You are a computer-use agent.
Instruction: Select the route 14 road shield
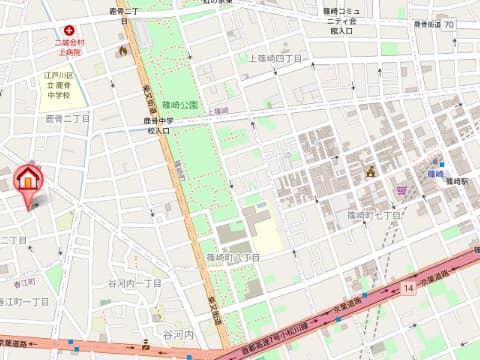click(409, 289)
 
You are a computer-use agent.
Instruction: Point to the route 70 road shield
click(449, 23)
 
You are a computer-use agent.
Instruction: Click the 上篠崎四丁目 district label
click(274, 59)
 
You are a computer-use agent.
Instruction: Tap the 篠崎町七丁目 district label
click(374, 215)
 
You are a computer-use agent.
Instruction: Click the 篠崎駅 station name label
click(456, 181)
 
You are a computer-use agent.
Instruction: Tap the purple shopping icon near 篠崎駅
click(402, 188)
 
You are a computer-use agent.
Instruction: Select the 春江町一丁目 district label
click(24, 301)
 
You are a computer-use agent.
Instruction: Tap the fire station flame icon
click(122, 50)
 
